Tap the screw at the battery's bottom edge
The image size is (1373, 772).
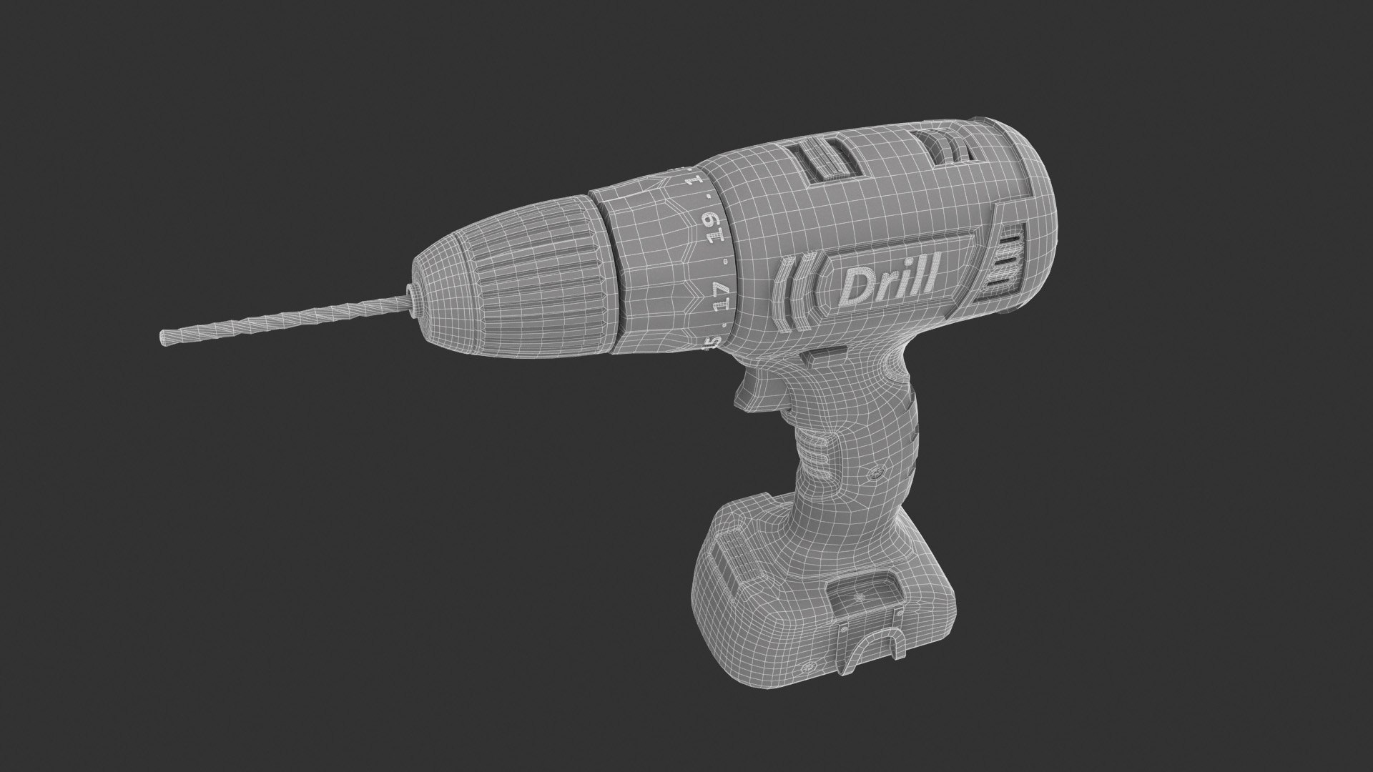pyautogui.click(x=810, y=668)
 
